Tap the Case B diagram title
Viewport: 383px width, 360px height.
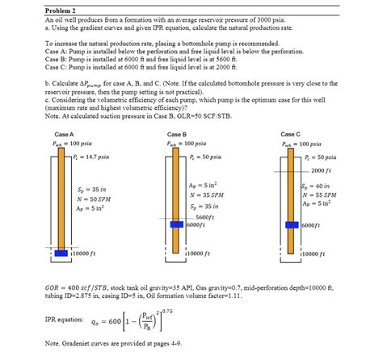[x=177, y=133]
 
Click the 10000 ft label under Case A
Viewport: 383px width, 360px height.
[x=85, y=253]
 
